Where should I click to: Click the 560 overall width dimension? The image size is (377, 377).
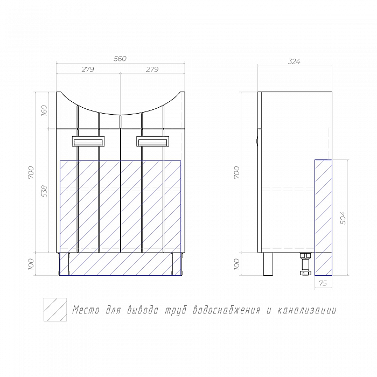120,59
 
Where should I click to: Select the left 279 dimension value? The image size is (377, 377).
88,69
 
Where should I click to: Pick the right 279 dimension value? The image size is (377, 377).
152,69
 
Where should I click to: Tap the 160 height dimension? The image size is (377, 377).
44,110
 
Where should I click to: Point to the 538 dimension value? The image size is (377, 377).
44,191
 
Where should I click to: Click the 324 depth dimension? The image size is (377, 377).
294,61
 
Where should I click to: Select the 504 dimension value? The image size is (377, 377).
343,218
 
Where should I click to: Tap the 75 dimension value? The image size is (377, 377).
323,283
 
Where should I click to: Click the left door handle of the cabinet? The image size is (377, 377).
88,141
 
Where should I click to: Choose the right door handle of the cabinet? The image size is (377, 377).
152,141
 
